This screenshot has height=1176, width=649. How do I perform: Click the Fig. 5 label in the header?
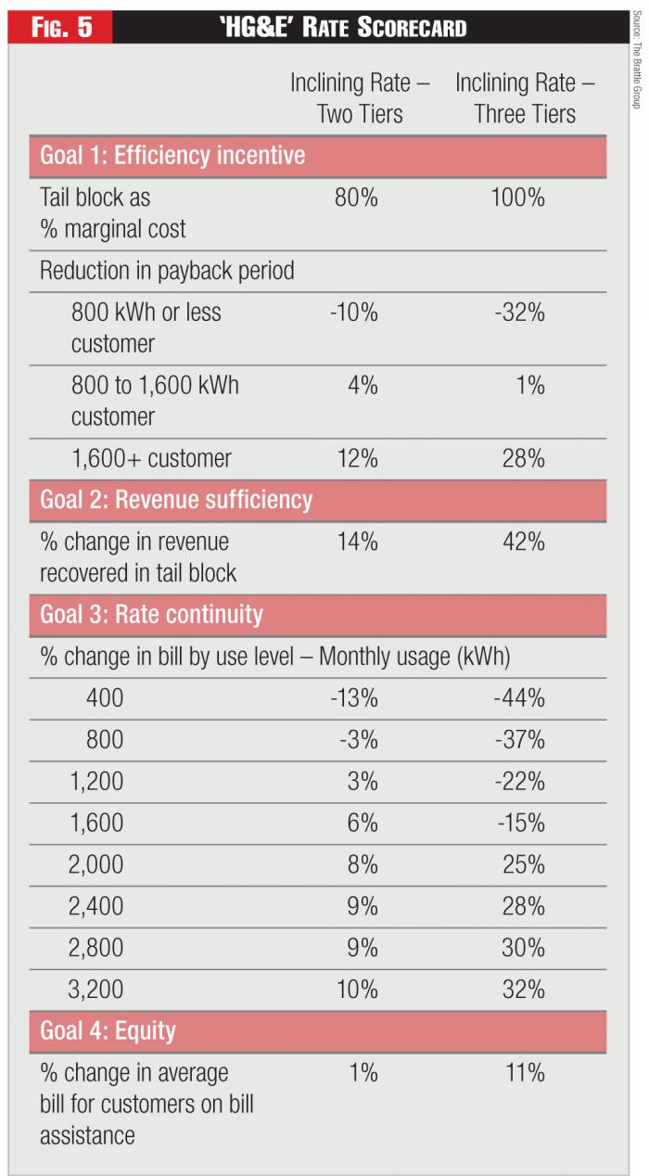(x=62, y=27)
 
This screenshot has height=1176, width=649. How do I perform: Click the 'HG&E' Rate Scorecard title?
(x=343, y=27)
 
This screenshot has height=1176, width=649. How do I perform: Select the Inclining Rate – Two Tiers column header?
(x=360, y=97)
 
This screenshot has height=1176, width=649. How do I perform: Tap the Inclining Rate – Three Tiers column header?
(x=525, y=97)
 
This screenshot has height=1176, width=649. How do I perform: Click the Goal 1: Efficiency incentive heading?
(x=172, y=155)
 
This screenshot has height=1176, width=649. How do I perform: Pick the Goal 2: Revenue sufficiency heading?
(x=176, y=500)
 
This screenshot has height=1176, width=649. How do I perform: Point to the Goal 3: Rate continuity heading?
(x=151, y=615)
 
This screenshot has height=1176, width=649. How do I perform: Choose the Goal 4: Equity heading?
(x=108, y=1031)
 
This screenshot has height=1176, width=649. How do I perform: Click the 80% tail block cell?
(x=356, y=198)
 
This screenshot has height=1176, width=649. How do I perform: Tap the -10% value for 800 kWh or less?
(x=353, y=313)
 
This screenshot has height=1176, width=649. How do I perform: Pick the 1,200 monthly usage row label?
(x=96, y=781)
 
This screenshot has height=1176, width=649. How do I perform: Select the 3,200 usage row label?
(x=95, y=990)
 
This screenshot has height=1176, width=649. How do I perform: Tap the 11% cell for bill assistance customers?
(x=524, y=1073)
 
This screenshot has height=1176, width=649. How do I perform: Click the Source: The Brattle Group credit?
(x=638, y=60)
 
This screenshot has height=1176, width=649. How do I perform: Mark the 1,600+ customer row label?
(x=151, y=458)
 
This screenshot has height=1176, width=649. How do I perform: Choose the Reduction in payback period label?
(x=167, y=271)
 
